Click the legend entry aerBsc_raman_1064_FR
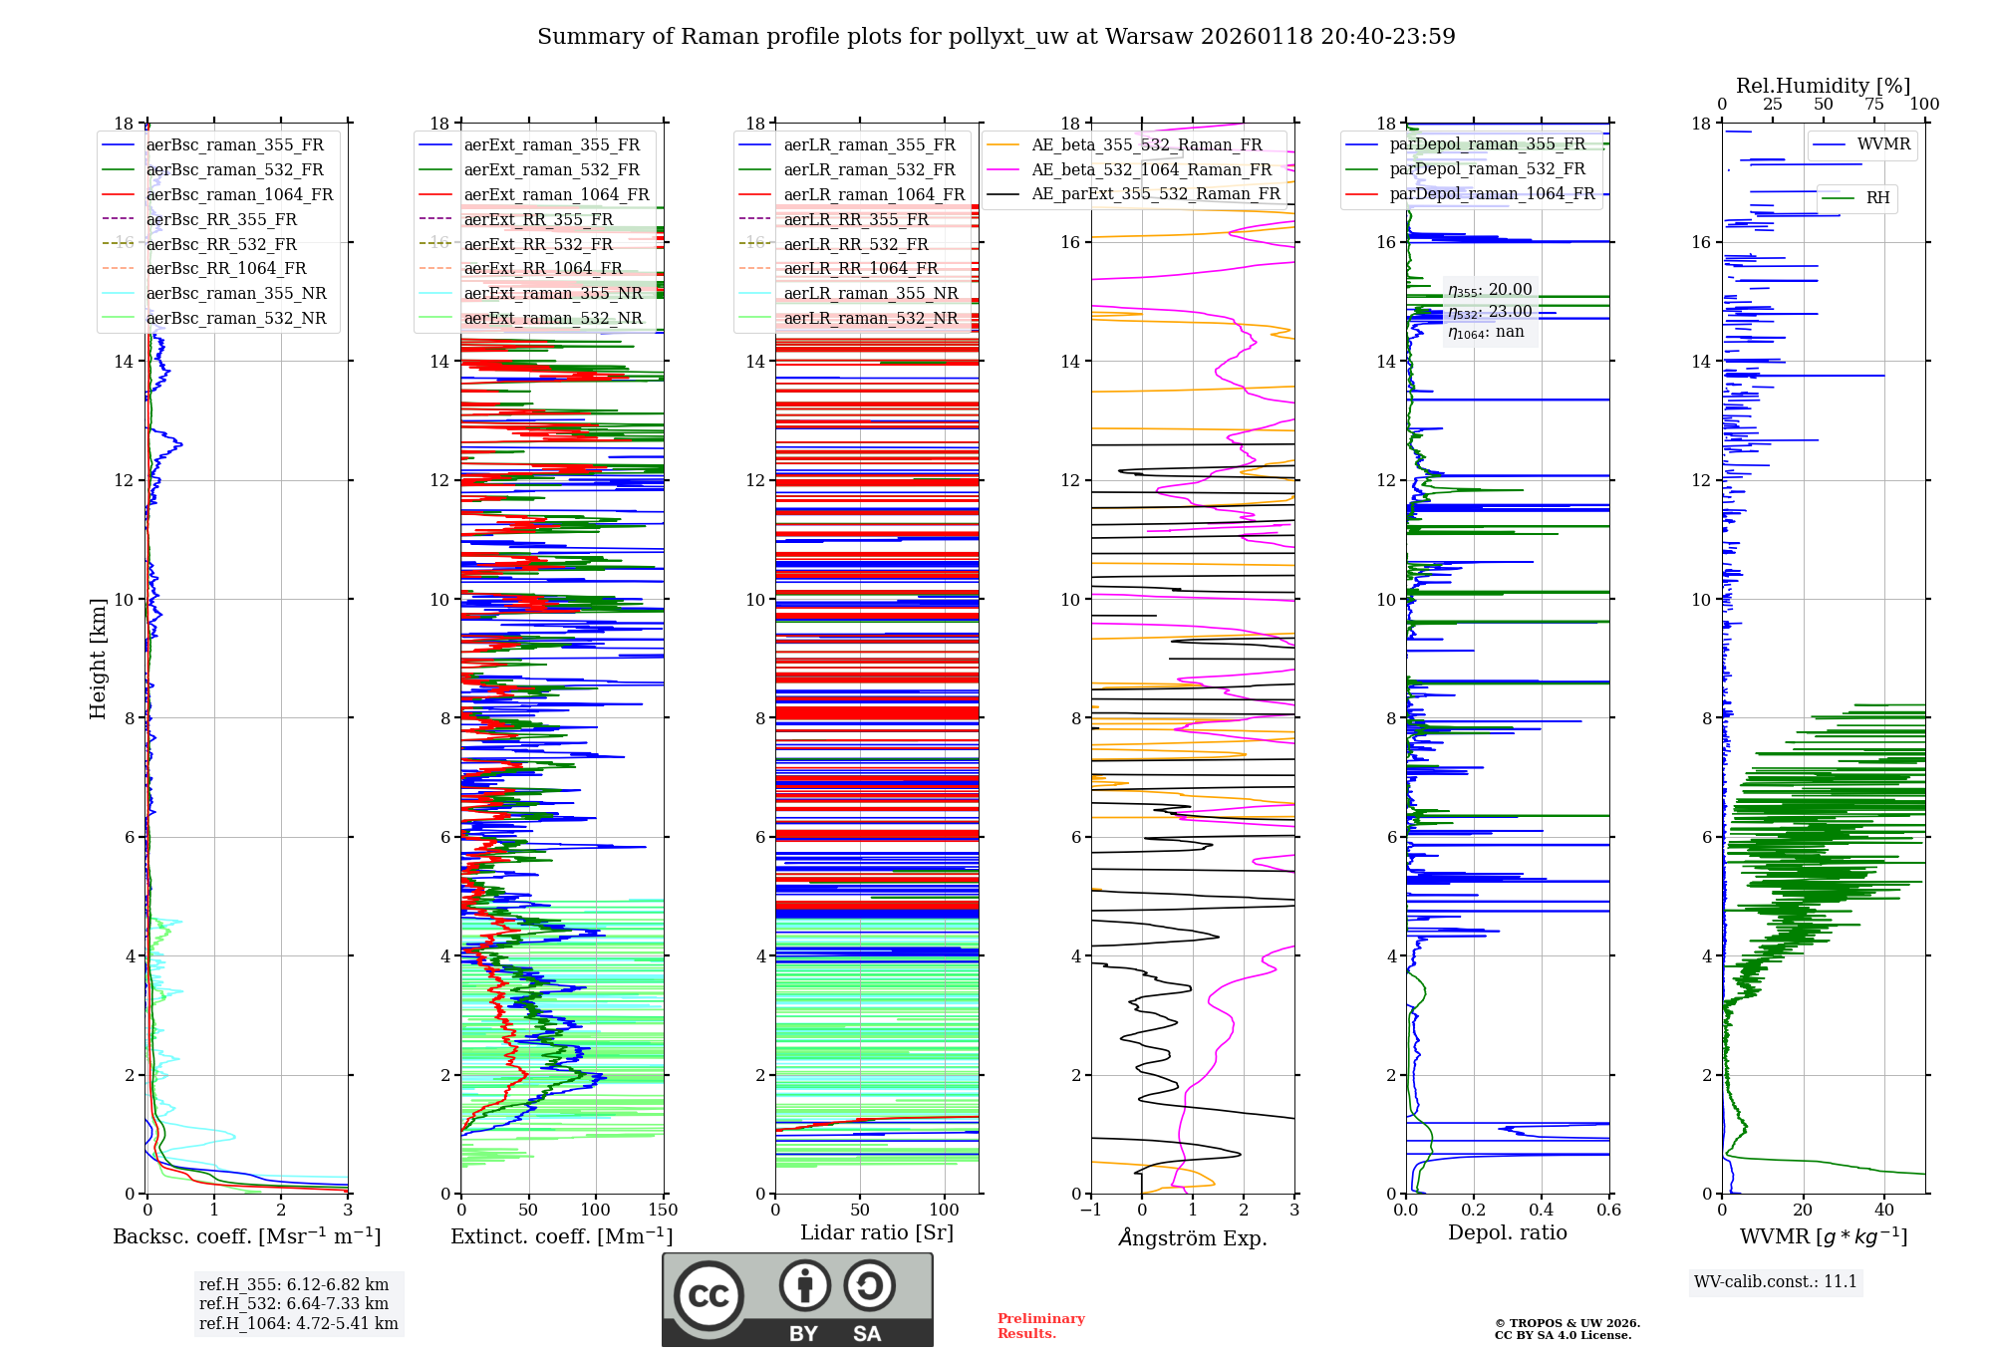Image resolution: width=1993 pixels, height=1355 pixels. click(239, 194)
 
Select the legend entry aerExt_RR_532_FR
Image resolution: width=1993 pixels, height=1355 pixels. click(538, 244)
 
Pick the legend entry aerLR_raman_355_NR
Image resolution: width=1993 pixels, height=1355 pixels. click(871, 293)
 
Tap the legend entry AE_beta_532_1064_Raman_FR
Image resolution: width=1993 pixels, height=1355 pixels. click(1151, 169)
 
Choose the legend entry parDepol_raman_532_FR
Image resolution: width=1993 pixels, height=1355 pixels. click(1487, 169)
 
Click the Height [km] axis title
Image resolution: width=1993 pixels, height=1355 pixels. click(98, 659)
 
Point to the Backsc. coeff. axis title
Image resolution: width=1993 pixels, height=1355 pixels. click(246, 1236)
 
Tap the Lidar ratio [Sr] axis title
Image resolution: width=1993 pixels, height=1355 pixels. click(877, 1232)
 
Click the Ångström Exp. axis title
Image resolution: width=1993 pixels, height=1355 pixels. click(1193, 1237)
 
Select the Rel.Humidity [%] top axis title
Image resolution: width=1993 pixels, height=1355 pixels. click(1823, 86)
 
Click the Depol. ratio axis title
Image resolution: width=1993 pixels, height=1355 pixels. click(1507, 1232)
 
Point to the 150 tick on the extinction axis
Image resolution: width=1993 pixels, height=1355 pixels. click(663, 1211)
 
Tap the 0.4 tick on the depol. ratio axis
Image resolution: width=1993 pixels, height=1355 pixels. click(1541, 1211)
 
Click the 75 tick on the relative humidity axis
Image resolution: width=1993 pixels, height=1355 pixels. click(1874, 105)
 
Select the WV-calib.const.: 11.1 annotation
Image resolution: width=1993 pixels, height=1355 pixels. click(1776, 1281)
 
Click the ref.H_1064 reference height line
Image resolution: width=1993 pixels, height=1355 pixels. click(298, 1323)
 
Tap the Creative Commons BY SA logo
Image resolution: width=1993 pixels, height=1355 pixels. click(797, 1299)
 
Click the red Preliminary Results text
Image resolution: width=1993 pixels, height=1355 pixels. click(1040, 1325)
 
